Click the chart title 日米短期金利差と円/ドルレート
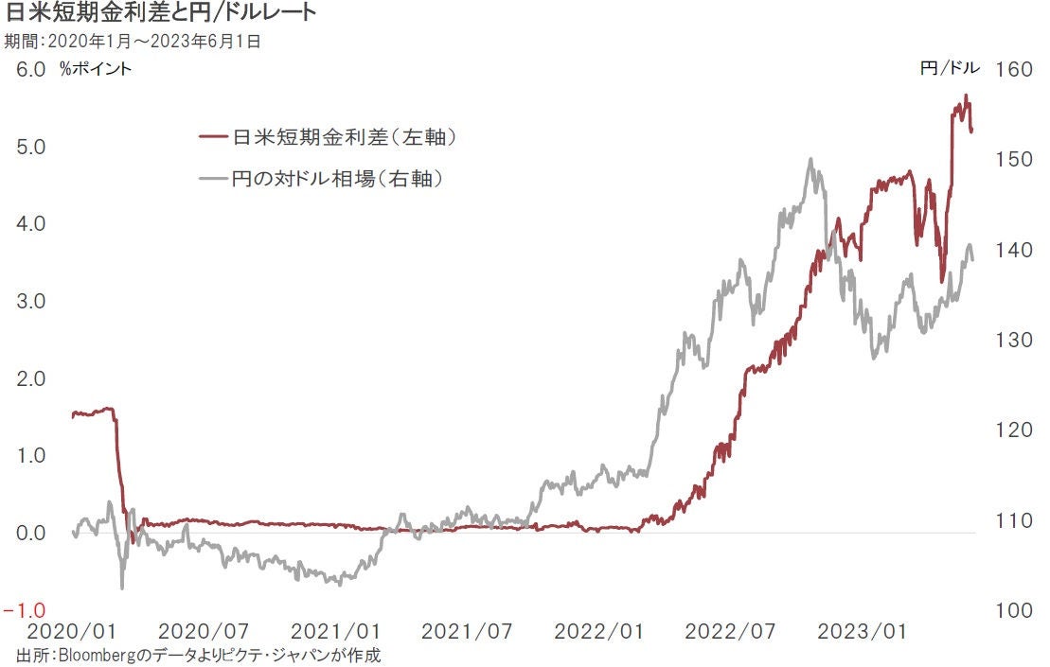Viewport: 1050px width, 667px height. (161, 13)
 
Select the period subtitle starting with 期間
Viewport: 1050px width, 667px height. (133, 41)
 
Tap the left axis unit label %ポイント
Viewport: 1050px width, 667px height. (96, 68)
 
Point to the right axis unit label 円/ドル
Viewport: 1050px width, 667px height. (950, 68)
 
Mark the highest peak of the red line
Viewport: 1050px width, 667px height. (965, 96)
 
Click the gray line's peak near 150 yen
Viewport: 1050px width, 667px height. (810, 159)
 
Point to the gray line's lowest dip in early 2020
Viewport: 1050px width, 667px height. (122, 588)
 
